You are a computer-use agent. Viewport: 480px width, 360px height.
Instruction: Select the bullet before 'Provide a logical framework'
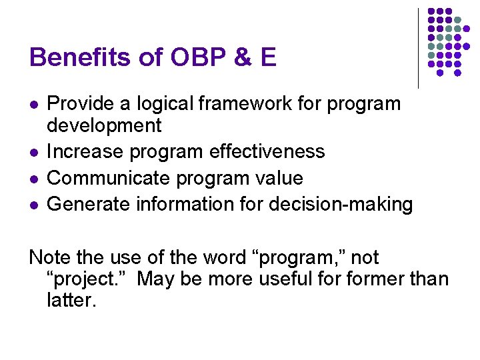point(33,105)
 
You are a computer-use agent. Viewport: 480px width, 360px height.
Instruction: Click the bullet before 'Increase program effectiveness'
point(33,152)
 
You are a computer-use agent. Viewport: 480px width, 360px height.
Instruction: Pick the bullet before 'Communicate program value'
point(33,179)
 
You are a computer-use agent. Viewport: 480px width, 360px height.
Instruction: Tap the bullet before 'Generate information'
point(33,205)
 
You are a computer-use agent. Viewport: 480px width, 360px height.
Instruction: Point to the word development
point(104,125)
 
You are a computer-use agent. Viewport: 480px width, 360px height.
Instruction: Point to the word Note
point(48,257)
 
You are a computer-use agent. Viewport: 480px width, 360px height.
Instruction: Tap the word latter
point(71,300)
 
